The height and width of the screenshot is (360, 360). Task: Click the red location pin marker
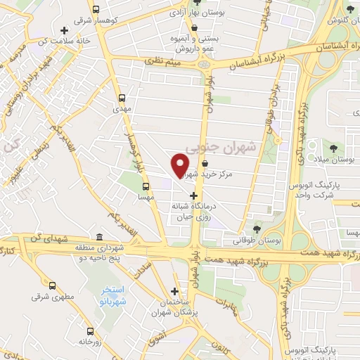181,165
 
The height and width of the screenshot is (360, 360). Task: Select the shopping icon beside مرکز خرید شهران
204,164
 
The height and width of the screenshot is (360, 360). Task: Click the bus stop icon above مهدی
123,98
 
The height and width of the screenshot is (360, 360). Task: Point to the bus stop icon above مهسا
146,187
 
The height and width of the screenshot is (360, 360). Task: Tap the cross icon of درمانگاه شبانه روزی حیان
194,195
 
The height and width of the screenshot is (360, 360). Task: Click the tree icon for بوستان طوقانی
257,229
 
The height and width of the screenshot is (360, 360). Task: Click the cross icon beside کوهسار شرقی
65,30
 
